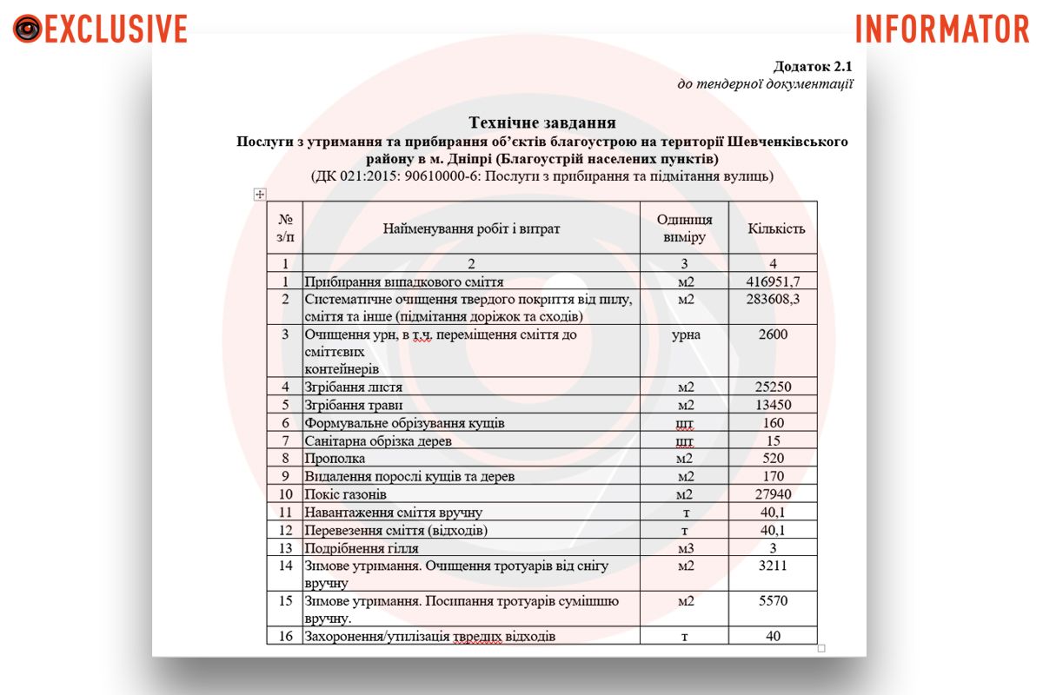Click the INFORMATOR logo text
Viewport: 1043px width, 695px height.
coord(942,29)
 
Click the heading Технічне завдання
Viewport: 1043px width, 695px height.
coord(542,122)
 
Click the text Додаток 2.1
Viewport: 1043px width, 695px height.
coord(813,67)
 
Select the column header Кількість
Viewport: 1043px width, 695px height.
coord(776,229)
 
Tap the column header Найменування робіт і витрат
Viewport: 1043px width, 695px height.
coord(471,229)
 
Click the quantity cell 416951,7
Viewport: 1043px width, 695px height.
coord(773,281)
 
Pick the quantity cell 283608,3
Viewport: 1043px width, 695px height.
coord(773,300)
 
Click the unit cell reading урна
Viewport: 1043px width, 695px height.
coord(686,334)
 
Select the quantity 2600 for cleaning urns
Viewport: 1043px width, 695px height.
coord(773,334)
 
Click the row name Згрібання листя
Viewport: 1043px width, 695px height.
coord(355,387)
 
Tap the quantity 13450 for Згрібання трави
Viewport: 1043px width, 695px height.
coord(773,405)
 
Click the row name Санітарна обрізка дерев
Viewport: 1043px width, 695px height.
coord(378,440)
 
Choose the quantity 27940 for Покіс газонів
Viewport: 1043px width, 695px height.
coord(773,494)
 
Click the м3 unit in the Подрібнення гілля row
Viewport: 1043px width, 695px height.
coord(686,547)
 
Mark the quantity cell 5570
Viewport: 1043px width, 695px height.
coord(773,600)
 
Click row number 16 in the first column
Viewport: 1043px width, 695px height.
coord(284,636)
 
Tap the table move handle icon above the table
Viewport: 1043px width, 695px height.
coord(259,195)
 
